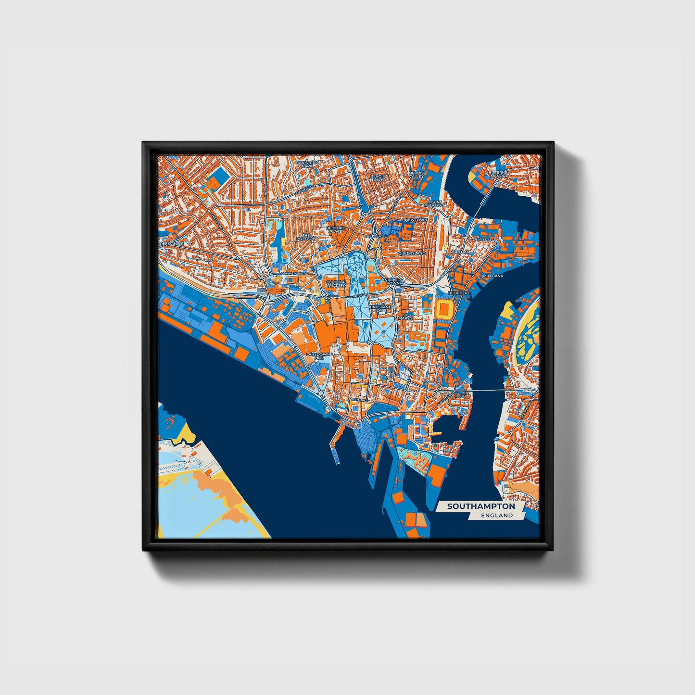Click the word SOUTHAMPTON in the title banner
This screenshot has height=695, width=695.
pos(480,506)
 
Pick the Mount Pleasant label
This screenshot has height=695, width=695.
pos(433,203)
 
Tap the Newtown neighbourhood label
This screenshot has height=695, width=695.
pos(416,220)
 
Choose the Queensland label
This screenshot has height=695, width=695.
pos(412,253)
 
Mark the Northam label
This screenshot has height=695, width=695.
pos(460,252)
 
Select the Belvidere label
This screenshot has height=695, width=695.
pos(459,292)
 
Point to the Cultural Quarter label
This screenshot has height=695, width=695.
pos(336,284)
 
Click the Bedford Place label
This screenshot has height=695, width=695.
pos(336,229)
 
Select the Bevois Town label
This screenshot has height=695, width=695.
pos(378,177)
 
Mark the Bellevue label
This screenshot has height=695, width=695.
pos(377,236)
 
